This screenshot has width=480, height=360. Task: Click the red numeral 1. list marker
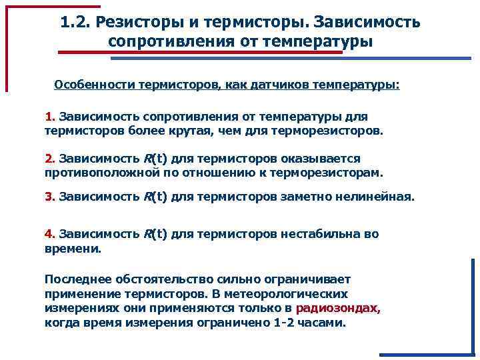pos(50,117)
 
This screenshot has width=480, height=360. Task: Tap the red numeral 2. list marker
pos(50,159)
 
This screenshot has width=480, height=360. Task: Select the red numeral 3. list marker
pos(50,197)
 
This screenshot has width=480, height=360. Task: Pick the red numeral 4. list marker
pos(50,234)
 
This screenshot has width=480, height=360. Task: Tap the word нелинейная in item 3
pos(377,197)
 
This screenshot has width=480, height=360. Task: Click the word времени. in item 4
pos(73,248)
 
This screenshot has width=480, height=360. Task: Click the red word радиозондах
pos(338,308)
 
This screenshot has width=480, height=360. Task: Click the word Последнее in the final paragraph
pos(75,279)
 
